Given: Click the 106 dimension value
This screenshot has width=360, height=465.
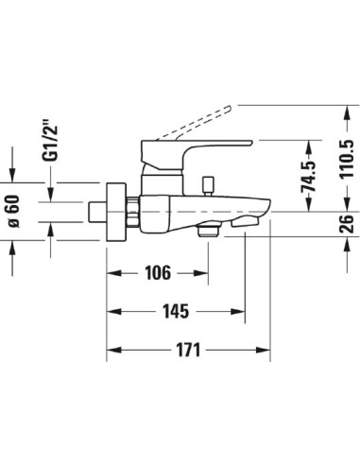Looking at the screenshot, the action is coord(158,273).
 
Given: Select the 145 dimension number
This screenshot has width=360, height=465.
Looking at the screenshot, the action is coord(176,311).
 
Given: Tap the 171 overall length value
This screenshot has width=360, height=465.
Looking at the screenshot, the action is coord(188,350).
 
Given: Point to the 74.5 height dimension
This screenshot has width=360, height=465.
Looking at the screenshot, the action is coord(309,176).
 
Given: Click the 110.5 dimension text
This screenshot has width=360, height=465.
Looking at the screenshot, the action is coord(347,159).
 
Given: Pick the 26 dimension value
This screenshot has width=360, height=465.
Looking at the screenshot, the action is coord(347,223).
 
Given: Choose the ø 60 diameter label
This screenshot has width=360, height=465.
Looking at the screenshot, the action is coord(13,211).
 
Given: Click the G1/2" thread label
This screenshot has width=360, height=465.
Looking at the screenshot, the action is coord(50,141).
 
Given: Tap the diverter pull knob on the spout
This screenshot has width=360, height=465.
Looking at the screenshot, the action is coord(208,186).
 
